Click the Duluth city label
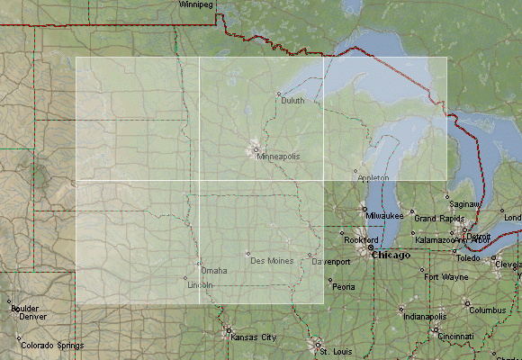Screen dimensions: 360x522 (292, 101)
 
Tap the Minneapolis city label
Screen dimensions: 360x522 (278, 157)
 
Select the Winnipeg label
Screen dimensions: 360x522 (196, 4)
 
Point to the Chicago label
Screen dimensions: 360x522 (391, 255)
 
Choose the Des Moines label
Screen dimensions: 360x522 (272, 261)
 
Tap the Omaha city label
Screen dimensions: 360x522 (214, 270)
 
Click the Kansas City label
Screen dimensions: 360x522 (254, 337)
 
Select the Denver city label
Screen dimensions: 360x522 (32, 317)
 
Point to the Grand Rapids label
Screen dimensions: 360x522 (438, 219)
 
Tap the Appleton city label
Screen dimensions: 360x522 (373, 178)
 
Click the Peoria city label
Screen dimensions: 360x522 (344, 287)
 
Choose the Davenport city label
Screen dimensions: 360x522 (331, 262)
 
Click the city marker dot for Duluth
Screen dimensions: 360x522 (279, 94)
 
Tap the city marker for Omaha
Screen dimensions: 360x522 (199, 265)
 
